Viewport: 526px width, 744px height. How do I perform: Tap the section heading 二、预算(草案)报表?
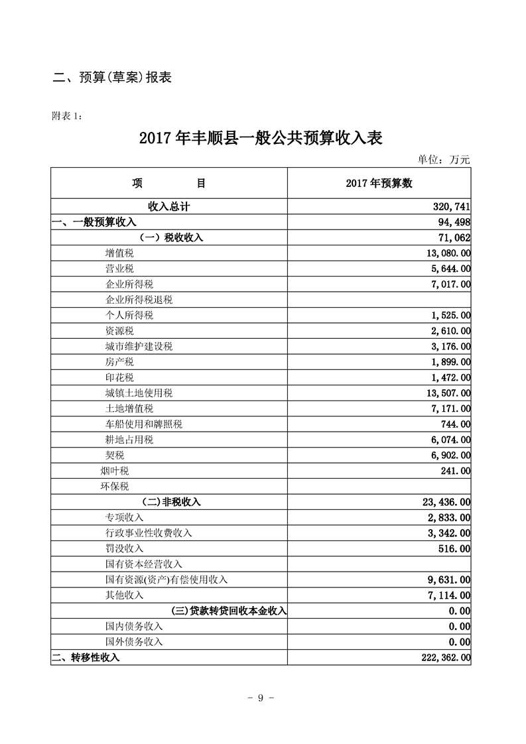point(112,78)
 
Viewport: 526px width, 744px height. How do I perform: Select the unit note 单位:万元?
point(443,160)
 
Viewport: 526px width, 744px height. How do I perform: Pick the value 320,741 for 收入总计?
point(451,207)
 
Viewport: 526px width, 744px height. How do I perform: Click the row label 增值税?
point(119,253)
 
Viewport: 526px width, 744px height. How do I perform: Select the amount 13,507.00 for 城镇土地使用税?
point(441,393)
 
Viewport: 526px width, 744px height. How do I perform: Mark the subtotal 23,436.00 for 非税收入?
point(441,502)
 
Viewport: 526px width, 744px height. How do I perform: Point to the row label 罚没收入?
point(124,548)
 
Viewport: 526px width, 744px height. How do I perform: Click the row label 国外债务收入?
point(133,642)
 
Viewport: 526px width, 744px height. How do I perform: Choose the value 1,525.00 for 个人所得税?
point(444,316)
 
